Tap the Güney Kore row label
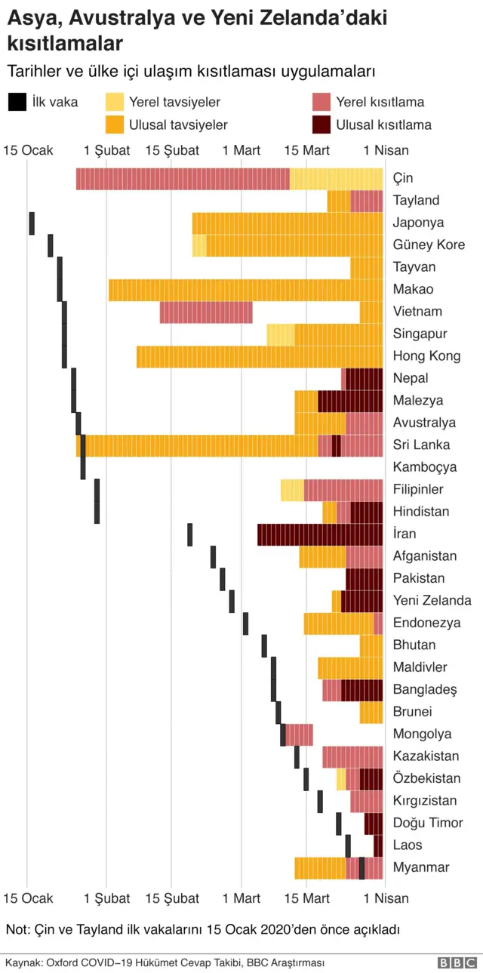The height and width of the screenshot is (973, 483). click(x=429, y=245)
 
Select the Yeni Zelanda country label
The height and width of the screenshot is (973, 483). click(x=432, y=600)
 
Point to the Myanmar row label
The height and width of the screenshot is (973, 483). click(x=420, y=867)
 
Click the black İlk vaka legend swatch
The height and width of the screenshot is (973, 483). click(x=16, y=102)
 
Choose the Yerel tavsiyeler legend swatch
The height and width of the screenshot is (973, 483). click(x=115, y=102)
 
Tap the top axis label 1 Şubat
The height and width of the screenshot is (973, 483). click(x=106, y=150)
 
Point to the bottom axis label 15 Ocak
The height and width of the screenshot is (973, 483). click(x=28, y=898)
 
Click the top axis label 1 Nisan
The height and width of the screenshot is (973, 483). click(x=386, y=150)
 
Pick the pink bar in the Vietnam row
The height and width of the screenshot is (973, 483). click(x=206, y=312)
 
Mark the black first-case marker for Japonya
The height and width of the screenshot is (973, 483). click(x=32, y=223)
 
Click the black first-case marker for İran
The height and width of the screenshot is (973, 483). click(x=190, y=534)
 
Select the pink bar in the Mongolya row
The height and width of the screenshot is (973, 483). click(x=299, y=734)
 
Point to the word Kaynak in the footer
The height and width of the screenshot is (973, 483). click(x=21, y=962)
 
